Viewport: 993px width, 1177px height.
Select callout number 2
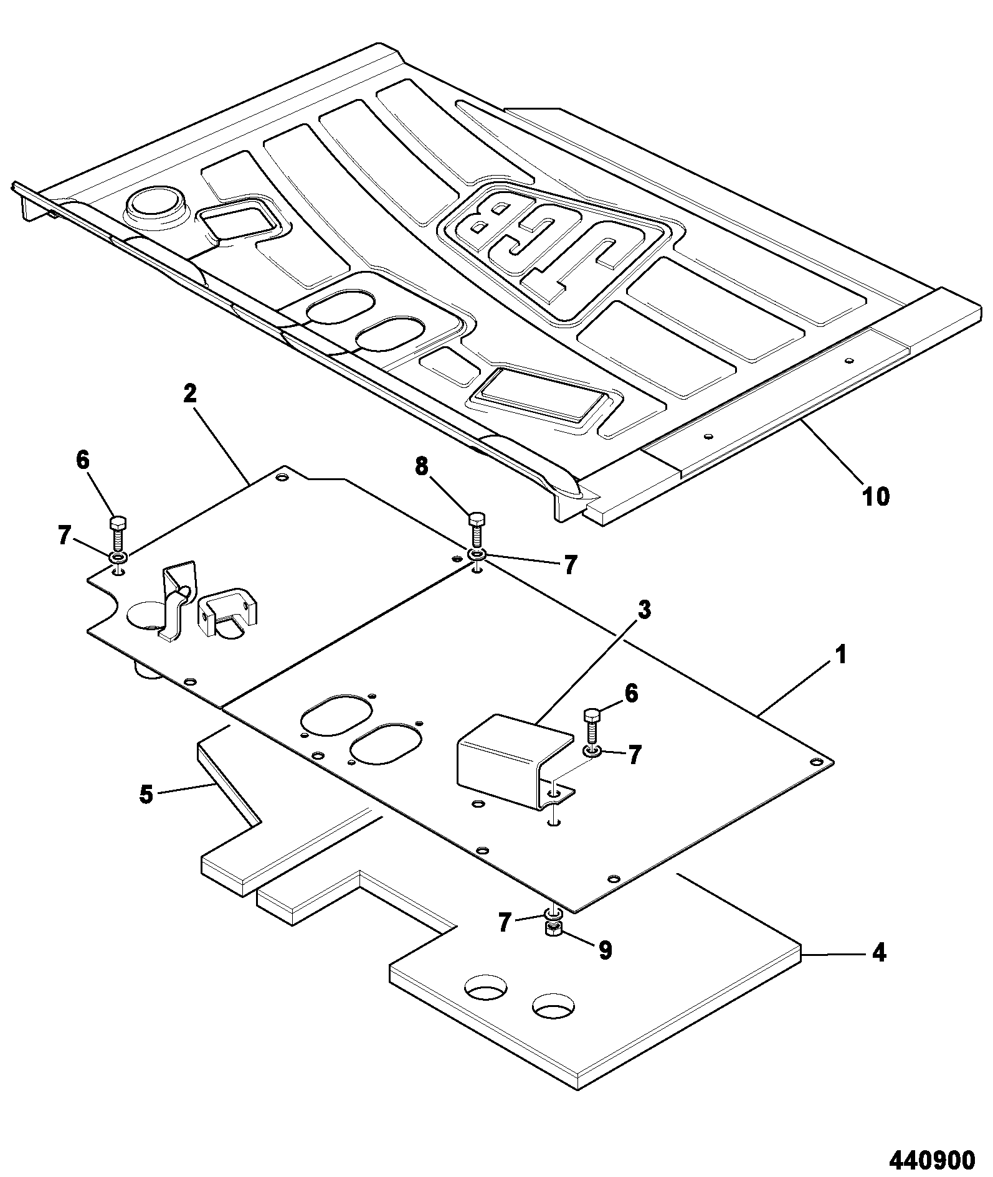click(x=190, y=394)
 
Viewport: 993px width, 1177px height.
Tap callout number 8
click(x=422, y=468)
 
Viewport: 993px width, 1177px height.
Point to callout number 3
click(x=645, y=610)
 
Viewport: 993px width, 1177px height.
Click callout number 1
click(x=840, y=656)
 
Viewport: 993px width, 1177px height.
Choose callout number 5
click(x=146, y=795)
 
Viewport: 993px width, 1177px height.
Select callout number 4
click(x=878, y=953)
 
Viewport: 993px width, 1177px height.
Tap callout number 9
click(x=605, y=950)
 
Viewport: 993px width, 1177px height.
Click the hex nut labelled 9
click(x=553, y=929)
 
